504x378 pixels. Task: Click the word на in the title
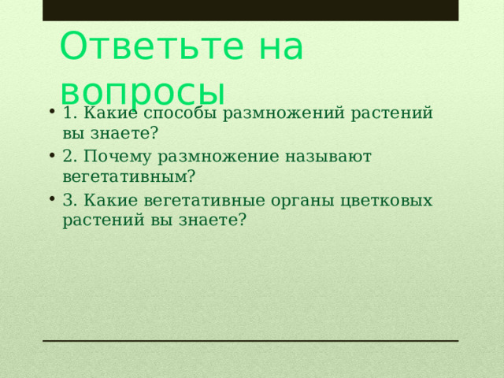[278, 46]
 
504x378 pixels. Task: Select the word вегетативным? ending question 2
[129, 176]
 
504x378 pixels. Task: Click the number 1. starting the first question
[69, 113]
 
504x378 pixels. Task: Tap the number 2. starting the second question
[69, 157]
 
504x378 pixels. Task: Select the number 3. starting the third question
[69, 200]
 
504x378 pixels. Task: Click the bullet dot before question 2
[50, 155]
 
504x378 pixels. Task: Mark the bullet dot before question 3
[50, 198]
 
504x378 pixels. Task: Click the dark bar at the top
[250, 10]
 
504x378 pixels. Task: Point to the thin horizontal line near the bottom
[250, 341]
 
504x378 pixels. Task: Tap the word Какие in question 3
[107, 200]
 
